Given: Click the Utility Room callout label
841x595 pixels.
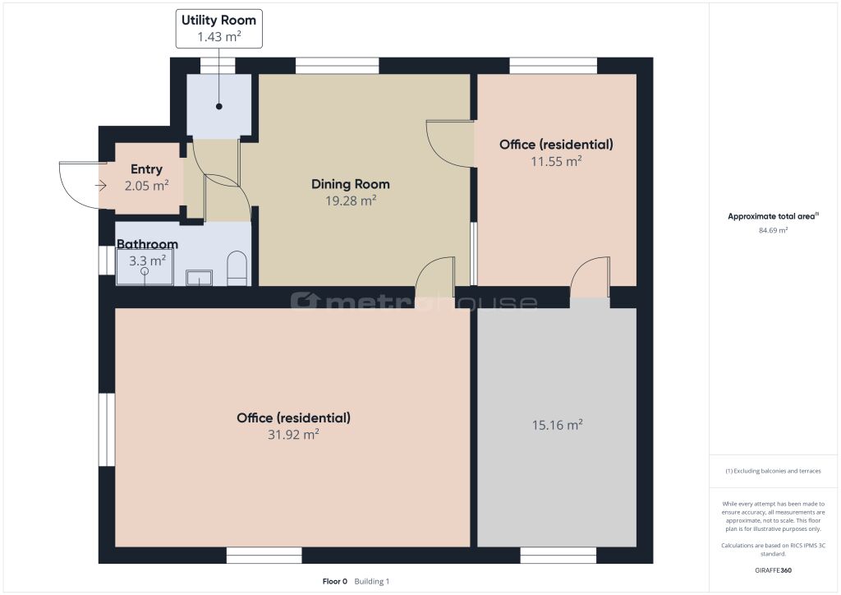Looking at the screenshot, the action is (x=218, y=29).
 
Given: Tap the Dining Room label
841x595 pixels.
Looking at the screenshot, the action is (x=350, y=184).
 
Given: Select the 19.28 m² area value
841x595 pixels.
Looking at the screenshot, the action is (x=350, y=201).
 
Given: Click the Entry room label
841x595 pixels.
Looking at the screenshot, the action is (x=146, y=169).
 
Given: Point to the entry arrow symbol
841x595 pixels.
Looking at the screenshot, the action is (x=101, y=187).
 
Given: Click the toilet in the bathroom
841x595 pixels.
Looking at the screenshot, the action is (x=237, y=268).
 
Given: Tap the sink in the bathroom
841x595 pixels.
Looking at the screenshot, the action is (x=199, y=278).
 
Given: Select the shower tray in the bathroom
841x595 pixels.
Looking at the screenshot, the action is (x=145, y=266).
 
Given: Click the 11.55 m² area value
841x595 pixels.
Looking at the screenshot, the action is (x=556, y=161).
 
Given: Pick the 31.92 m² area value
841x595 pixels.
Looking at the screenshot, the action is (x=293, y=434).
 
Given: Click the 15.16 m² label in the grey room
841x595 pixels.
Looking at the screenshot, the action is (x=558, y=425).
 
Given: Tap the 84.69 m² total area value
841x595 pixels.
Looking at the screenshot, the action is (x=773, y=230).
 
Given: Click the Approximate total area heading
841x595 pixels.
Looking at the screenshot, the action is (x=773, y=216).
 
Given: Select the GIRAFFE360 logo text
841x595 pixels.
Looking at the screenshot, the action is (x=773, y=570).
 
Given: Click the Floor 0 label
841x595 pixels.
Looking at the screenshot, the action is (x=335, y=581).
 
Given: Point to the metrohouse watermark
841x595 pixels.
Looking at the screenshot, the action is (x=414, y=302).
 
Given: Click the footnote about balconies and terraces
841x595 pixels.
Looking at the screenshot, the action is (x=773, y=471).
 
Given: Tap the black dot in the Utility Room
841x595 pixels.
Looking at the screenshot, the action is (x=218, y=106).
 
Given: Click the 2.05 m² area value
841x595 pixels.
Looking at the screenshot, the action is (x=146, y=186).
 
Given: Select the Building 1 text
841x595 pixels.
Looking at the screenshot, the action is (x=372, y=581).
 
